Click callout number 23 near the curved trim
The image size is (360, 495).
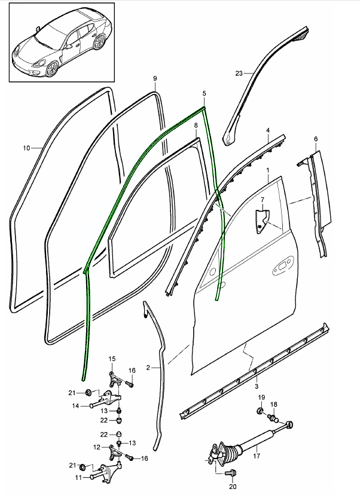coord(239,74)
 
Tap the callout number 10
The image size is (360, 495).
coord(26,148)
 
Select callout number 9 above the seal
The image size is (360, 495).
coord(155,78)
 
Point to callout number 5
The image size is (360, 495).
coord(205,94)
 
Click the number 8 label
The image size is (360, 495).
coord(196,124)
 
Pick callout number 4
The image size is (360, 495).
coord(268,130)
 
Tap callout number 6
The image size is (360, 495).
coord(315,139)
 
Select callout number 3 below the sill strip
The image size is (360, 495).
coord(255,379)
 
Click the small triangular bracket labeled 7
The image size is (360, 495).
coord(261,219)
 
